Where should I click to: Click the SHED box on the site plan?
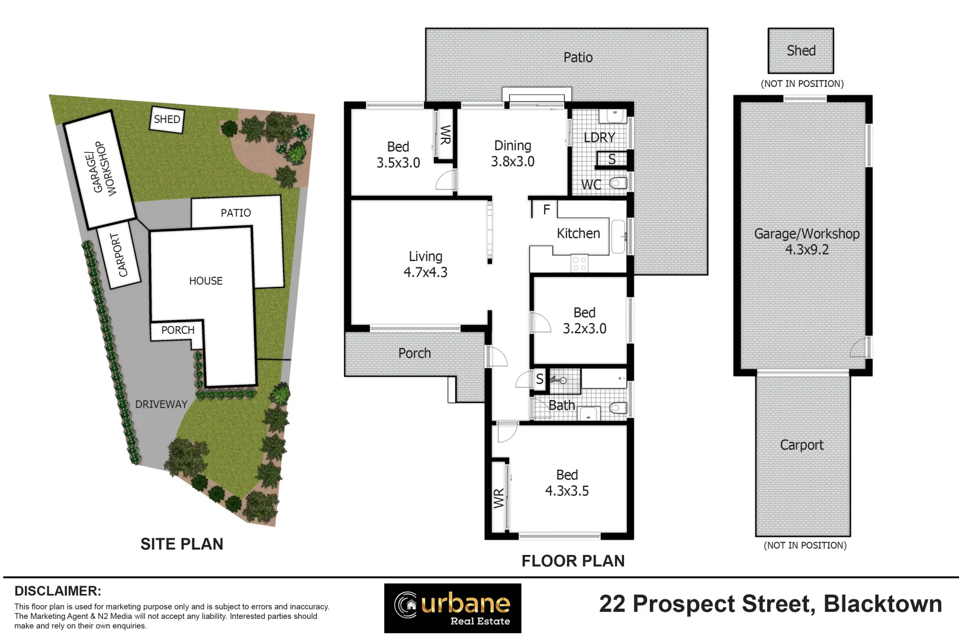point(167,120)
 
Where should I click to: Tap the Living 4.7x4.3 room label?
point(425,264)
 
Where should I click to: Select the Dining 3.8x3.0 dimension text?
point(513,162)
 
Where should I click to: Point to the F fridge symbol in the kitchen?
point(546,209)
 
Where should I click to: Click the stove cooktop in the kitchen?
point(580,264)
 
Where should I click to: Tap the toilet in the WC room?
point(617,183)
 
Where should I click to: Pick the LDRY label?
point(599,137)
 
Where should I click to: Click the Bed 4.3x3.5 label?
point(567,483)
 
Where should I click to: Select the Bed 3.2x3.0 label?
point(584,321)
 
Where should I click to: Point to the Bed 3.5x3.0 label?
point(398,154)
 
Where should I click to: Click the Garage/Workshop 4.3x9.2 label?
point(806,241)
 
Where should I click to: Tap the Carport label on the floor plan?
point(802,445)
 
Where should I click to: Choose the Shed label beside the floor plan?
point(801,51)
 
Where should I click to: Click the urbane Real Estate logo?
point(453,608)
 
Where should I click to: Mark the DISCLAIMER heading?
point(57,591)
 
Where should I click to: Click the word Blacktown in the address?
point(883,604)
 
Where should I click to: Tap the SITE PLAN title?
point(182,544)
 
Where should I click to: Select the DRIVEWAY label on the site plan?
point(161,405)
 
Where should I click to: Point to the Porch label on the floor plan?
point(414,353)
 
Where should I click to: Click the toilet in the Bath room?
point(617,407)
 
